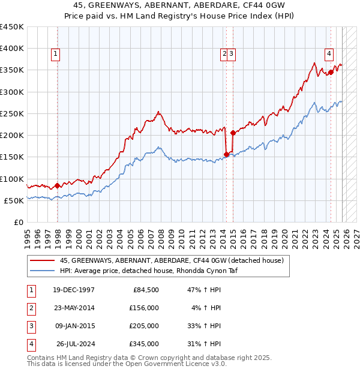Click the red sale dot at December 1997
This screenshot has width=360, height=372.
[58, 185]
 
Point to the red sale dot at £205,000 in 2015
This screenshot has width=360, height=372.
[232, 133]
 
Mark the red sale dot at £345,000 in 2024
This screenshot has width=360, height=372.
[331, 73]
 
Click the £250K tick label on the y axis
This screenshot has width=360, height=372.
[12, 113]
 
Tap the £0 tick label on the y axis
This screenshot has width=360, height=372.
[18, 222]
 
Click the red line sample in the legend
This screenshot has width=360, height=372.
[42, 260]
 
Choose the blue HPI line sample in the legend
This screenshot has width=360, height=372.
[42, 271]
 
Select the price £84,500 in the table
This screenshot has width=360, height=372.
[145, 290]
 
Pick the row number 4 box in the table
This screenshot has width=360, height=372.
[31, 344]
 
